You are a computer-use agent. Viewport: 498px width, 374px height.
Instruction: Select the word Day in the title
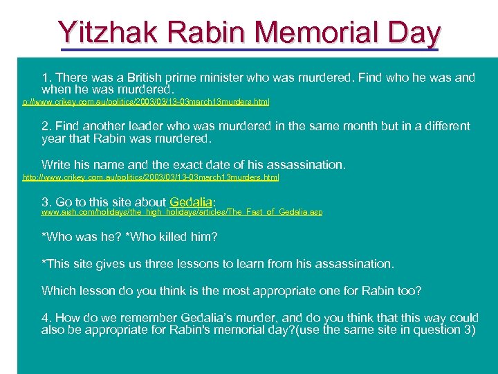coord(413,33)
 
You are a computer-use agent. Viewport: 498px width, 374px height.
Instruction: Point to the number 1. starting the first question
coord(46,78)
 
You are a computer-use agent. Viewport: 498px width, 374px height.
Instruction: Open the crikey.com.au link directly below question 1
coord(146,101)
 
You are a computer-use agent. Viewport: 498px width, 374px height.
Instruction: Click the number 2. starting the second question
coord(46,126)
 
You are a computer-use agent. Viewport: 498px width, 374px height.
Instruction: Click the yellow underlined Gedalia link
coord(191,202)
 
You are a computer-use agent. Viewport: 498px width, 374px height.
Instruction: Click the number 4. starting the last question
coord(46,318)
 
